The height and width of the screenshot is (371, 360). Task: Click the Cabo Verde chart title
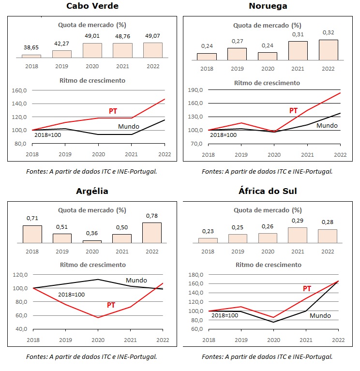(91, 6)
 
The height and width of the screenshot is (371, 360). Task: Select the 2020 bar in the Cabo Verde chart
(92, 50)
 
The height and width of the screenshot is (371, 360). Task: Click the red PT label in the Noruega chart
(293, 111)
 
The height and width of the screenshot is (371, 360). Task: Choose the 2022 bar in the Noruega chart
(328, 50)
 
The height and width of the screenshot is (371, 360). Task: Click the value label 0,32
(328, 33)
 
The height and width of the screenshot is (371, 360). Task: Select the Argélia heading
(92, 191)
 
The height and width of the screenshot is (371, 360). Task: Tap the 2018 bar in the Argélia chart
(32, 234)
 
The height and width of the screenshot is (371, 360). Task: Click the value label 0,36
(92, 234)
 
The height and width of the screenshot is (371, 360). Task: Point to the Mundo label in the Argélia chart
(136, 280)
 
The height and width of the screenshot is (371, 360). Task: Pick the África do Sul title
(268, 191)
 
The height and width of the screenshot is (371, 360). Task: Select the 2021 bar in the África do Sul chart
(298, 235)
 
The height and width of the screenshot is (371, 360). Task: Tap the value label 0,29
(298, 221)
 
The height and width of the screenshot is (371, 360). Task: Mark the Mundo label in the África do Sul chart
(320, 315)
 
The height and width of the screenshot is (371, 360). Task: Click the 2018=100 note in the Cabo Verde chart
(47, 135)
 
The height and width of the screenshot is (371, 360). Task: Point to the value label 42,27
(61, 43)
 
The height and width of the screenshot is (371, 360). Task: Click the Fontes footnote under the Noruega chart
(267, 171)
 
